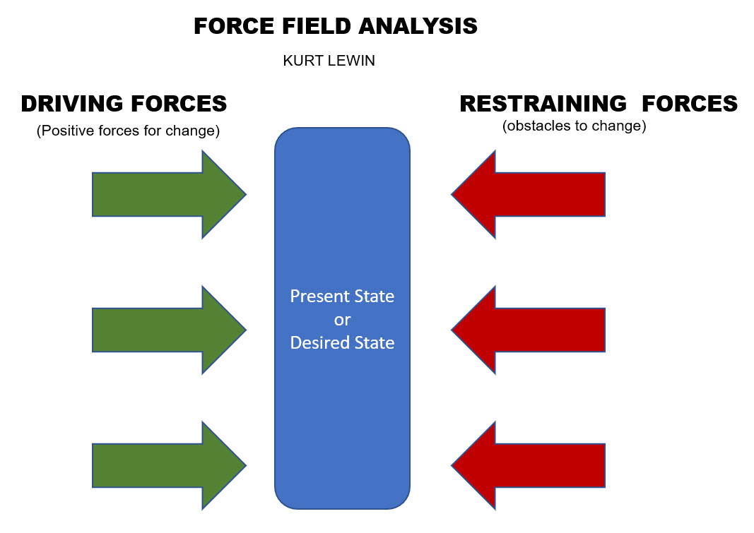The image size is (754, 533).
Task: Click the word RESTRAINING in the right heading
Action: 543,104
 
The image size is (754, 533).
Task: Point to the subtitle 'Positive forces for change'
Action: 129,131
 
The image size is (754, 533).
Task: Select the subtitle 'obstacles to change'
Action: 575,127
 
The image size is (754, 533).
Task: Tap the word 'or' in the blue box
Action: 342,320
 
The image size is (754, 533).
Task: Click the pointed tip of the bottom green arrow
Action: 245,465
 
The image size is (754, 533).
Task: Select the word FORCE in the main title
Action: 228,27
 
